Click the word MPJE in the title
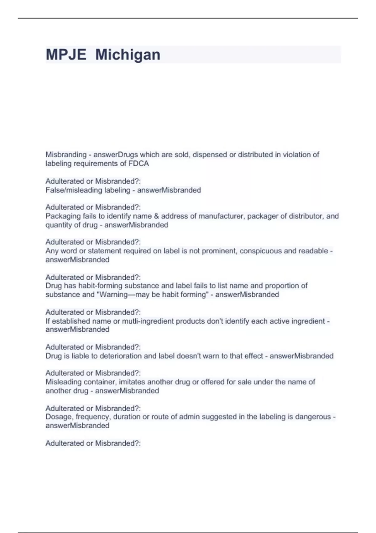coord(66,55)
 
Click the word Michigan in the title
coord(128,55)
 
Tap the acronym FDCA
coord(138,163)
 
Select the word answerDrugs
coord(116,155)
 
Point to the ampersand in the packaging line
coord(156,216)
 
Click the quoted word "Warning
coord(113,294)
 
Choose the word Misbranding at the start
coord(66,155)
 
